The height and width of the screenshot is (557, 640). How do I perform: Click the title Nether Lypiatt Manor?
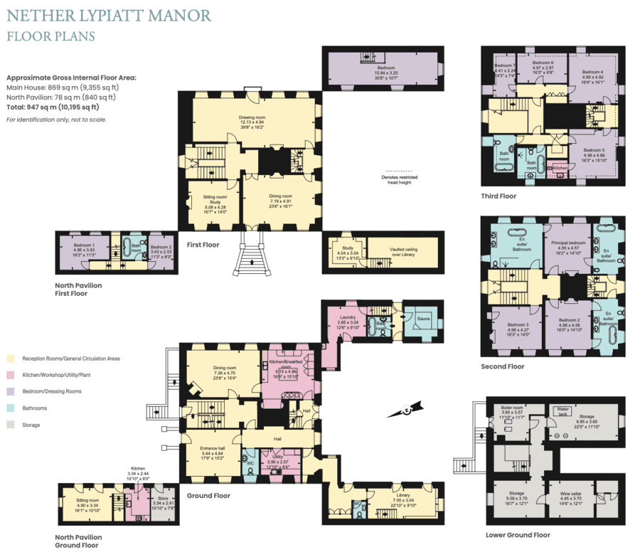pos(109,15)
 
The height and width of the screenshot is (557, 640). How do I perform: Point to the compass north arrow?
pos(405,410)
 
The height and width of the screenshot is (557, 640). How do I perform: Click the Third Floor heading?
pos(498,196)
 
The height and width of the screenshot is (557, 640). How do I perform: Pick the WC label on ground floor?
pos(250,462)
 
